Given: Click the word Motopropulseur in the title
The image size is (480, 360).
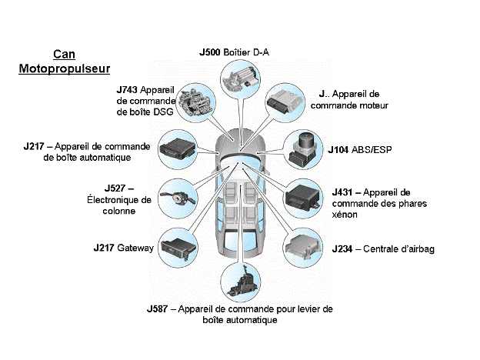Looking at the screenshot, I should [x=64, y=69].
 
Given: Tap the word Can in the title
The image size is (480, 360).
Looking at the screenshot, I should [x=64, y=55].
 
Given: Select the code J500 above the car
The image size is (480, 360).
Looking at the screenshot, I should [x=210, y=52].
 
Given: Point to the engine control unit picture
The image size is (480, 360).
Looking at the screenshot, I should [x=285, y=105].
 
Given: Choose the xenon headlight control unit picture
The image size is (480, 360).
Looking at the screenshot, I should [x=305, y=202].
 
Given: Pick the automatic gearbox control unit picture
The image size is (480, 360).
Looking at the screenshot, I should [x=179, y=147].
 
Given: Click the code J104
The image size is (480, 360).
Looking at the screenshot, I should [x=342, y=149].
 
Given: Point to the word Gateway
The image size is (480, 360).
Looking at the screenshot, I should [x=138, y=248].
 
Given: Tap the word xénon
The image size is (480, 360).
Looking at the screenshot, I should [x=345, y=215].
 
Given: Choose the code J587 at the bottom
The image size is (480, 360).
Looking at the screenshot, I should [x=161, y=308].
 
